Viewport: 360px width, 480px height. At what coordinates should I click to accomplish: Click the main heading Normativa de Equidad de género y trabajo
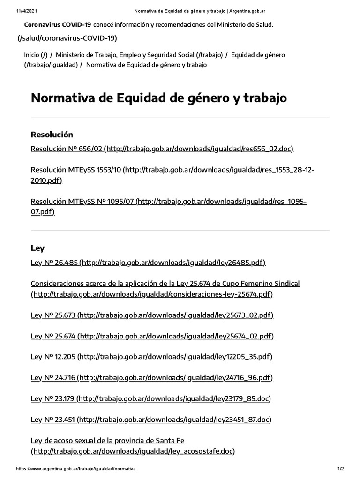pyautogui.click(x=158, y=98)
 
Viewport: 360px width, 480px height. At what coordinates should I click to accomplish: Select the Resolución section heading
pyautogui.click(x=52, y=135)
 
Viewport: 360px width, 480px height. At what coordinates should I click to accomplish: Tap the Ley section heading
pyautogui.click(x=37, y=248)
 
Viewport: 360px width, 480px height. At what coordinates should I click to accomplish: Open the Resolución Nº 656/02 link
pyautogui.click(x=162, y=149)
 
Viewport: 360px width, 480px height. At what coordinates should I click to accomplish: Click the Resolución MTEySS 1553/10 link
pyautogui.click(x=172, y=170)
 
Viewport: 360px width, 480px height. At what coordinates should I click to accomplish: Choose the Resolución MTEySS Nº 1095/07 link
pyautogui.click(x=169, y=202)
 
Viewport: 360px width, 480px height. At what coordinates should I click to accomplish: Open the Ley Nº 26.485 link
pyautogui.click(x=148, y=262)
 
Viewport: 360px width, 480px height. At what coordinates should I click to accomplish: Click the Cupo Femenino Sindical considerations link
pyautogui.click(x=165, y=284)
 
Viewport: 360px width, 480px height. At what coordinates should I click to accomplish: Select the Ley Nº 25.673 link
pyautogui.click(x=152, y=315)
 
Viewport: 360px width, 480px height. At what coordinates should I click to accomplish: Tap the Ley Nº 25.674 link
pyautogui.click(x=152, y=336)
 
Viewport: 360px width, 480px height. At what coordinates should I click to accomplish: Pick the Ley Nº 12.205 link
pyautogui.click(x=151, y=357)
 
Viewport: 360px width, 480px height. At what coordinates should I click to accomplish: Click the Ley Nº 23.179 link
pyautogui.click(x=151, y=398)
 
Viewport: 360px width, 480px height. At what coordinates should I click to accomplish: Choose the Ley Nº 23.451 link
pyautogui.click(x=151, y=419)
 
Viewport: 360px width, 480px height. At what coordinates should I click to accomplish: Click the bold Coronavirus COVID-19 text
pyautogui.click(x=57, y=24)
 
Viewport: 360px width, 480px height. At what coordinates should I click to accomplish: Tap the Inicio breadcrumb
pyautogui.click(x=36, y=55)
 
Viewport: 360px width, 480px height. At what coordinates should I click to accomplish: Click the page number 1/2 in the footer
pyautogui.click(x=340, y=469)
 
